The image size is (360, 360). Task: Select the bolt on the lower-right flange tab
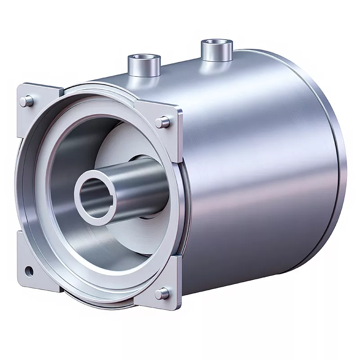tap(162, 293)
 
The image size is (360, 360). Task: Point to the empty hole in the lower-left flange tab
tap(29, 270)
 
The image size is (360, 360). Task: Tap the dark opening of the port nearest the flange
tap(143, 58)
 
